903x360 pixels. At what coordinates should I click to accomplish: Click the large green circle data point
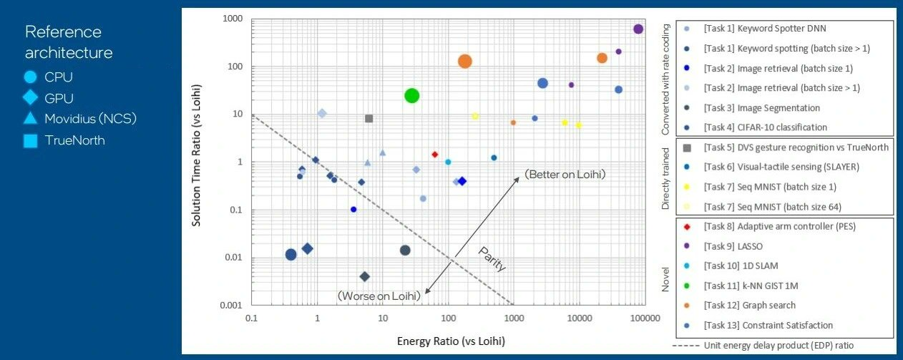pyautogui.click(x=411, y=95)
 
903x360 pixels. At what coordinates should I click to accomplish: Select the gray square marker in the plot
pyautogui.click(x=369, y=118)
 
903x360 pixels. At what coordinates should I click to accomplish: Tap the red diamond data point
pyautogui.click(x=434, y=154)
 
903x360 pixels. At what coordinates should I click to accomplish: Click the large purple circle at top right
pyautogui.click(x=638, y=29)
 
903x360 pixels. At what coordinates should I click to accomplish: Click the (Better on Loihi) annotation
pyautogui.click(x=565, y=174)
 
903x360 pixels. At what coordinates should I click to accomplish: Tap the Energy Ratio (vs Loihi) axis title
pyautogui.click(x=451, y=341)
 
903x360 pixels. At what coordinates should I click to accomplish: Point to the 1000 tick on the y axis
pyautogui.click(x=233, y=19)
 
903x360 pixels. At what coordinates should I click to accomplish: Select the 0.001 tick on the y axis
pyautogui.click(x=230, y=306)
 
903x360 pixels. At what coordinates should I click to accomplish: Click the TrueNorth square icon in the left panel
pyautogui.click(x=30, y=141)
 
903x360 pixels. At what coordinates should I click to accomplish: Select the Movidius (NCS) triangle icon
pyautogui.click(x=30, y=119)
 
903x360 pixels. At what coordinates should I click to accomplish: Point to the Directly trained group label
pyautogui.click(x=665, y=179)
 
